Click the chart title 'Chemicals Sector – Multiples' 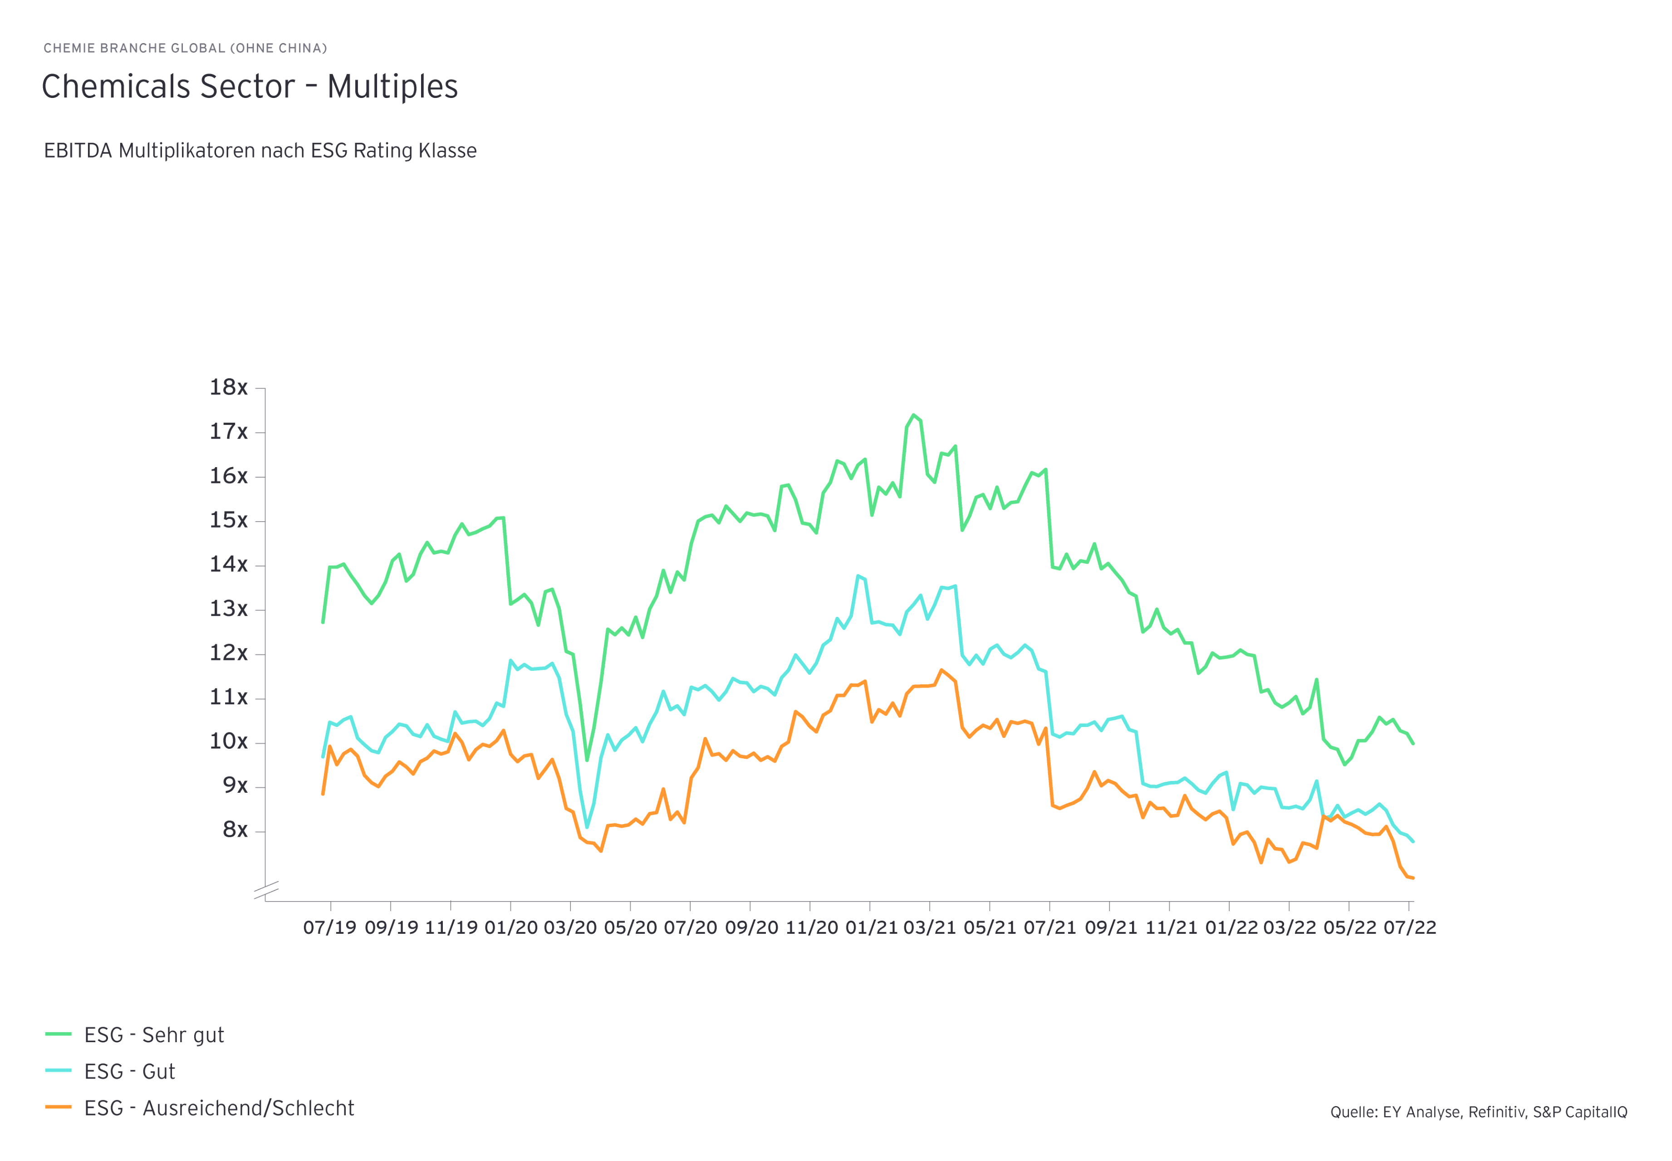pyautogui.click(x=250, y=87)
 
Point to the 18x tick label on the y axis pyautogui.click(x=229, y=388)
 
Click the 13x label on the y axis pyautogui.click(x=229, y=609)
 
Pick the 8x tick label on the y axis pyautogui.click(x=234, y=830)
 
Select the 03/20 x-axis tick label pyautogui.click(x=570, y=927)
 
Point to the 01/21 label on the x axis pyautogui.click(x=869, y=927)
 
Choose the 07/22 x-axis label pyautogui.click(x=1409, y=927)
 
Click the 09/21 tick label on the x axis pyautogui.click(x=1109, y=927)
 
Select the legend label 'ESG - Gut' pyautogui.click(x=129, y=1072)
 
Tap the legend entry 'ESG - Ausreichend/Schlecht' pyautogui.click(x=219, y=1108)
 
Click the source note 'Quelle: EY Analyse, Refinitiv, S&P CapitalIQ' pyautogui.click(x=1478, y=1112)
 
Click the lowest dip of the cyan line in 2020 pyautogui.click(x=587, y=827)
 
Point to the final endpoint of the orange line pyautogui.click(x=1413, y=878)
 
